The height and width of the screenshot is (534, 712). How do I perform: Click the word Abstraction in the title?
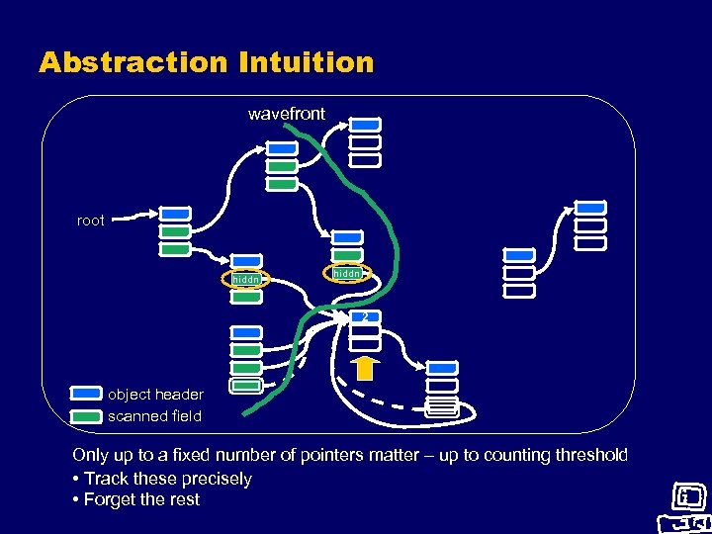(x=133, y=63)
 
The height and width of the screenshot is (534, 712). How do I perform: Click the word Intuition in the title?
(x=306, y=63)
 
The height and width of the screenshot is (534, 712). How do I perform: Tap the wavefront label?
(x=286, y=114)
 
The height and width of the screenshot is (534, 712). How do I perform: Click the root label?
(x=90, y=221)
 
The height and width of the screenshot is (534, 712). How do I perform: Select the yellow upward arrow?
(x=364, y=368)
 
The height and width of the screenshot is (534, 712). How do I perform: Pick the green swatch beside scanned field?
(x=86, y=416)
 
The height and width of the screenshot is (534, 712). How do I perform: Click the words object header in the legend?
(x=155, y=395)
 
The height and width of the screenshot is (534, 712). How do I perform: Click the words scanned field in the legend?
(x=154, y=416)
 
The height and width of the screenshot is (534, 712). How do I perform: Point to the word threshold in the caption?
(x=589, y=455)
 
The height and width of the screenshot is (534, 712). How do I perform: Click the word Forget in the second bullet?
(x=112, y=499)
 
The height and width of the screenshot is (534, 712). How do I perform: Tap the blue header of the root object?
(x=175, y=214)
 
